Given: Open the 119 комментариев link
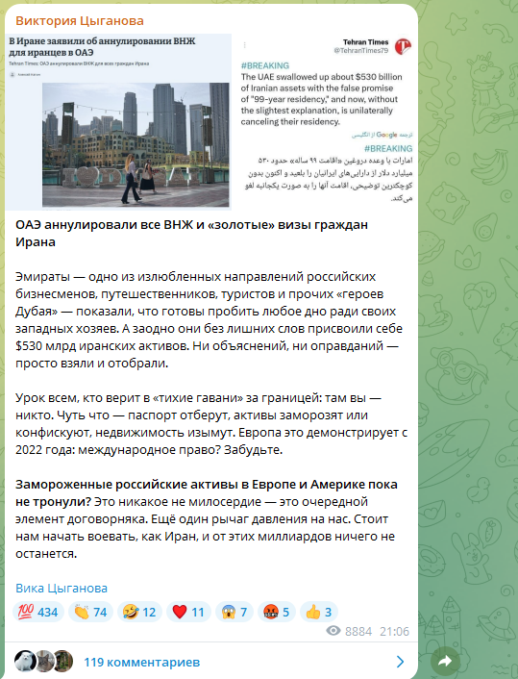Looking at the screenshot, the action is tap(141, 663).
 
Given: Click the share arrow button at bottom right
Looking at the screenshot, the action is tap(445, 661).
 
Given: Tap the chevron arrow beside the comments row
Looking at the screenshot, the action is tap(401, 662).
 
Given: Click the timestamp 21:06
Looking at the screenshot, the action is tap(394, 632).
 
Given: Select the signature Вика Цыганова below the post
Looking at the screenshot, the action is tap(62, 588).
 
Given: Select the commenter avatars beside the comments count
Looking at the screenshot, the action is tap(43, 662).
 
